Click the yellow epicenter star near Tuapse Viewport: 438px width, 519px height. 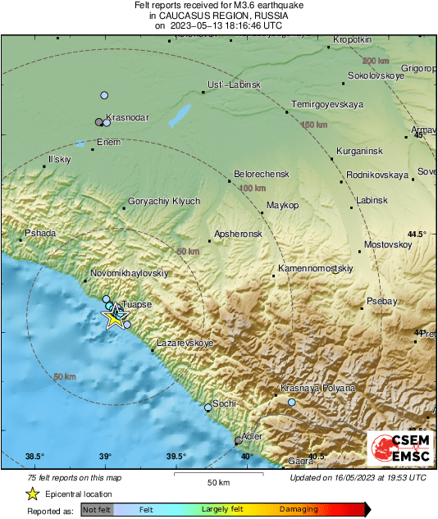tap(114, 319)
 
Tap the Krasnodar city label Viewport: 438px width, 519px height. tap(128, 117)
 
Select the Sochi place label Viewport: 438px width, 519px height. tap(224, 403)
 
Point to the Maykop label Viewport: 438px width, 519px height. tap(283, 204)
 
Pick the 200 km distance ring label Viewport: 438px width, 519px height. tap(376, 61)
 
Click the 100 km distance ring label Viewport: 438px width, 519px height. tap(256, 189)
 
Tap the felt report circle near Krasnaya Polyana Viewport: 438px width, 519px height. tap(292, 403)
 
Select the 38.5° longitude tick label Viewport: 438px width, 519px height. tap(34, 457)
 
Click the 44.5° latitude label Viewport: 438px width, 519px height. tap(418, 234)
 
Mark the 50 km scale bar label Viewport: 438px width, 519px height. tap(217, 482)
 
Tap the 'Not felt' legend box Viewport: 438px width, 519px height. tap(98, 509)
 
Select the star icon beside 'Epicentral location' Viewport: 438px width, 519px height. tap(32, 494)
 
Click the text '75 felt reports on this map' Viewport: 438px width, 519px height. tap(73, 477)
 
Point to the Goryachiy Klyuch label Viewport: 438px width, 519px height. tap(164, 201)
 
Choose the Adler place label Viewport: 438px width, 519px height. tap(252, 435)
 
